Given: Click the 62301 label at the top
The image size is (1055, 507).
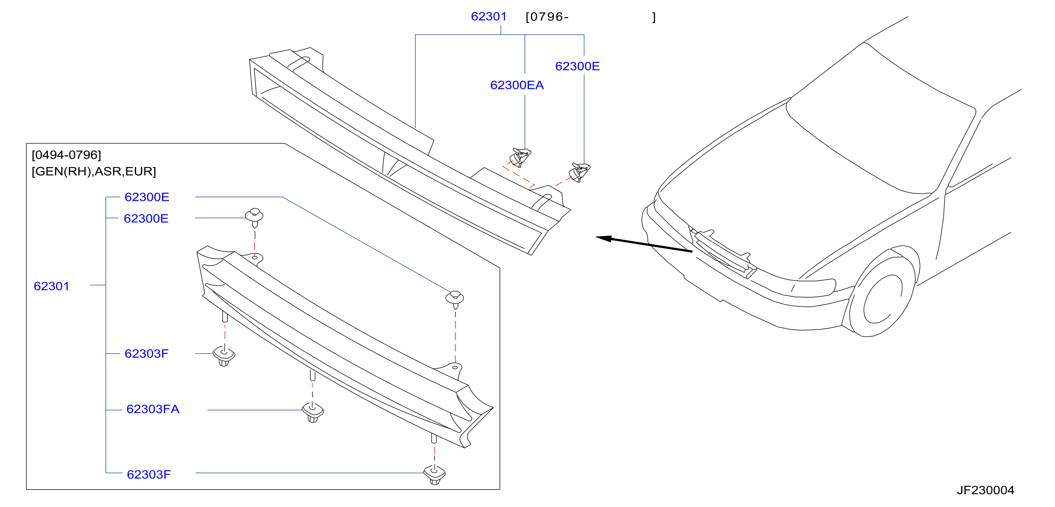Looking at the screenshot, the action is pos(489,16).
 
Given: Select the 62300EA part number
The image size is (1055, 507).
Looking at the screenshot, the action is pos(517,85).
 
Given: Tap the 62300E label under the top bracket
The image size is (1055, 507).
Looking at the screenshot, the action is pos(578,66).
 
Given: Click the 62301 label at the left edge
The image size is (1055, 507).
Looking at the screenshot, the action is pos(52,286).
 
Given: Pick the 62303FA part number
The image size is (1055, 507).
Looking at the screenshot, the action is pos(153,409).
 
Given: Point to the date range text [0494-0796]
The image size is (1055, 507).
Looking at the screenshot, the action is pos(66,155).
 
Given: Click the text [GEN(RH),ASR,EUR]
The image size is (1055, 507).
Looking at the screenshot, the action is pos(94,171).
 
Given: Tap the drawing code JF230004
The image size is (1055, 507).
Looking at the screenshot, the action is pos(985,490).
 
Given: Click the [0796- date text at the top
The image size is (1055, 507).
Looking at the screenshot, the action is pos(547,17).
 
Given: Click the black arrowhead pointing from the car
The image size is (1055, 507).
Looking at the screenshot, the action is pos(604,238).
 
